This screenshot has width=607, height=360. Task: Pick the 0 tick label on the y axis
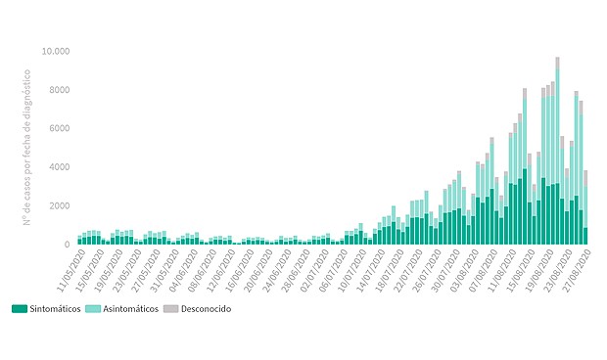click(x=66, y=245)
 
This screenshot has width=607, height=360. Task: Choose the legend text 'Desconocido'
click(x=210, y=308)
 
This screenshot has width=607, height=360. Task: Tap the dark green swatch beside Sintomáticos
click(x=20, y=308)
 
